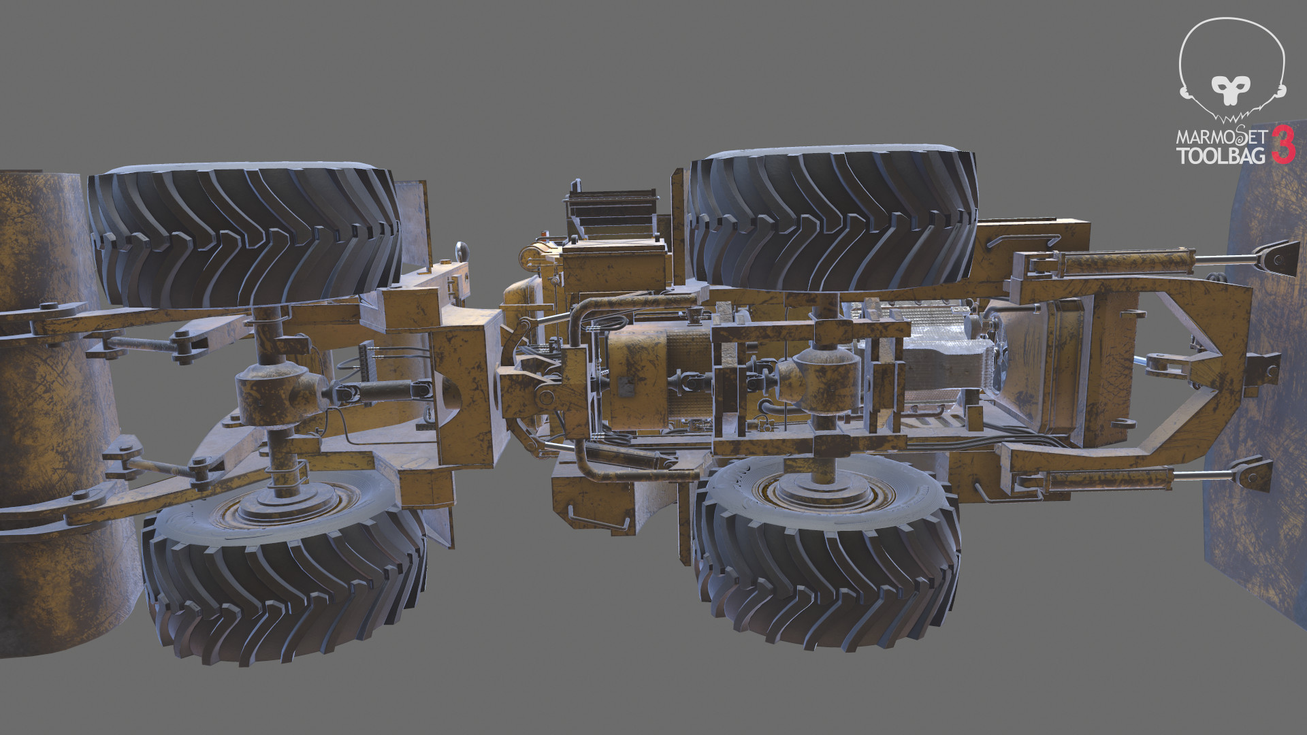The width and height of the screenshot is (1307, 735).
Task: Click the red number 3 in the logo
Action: [x=1283, y=144]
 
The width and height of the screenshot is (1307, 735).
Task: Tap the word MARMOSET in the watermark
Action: [x=1221, y=137]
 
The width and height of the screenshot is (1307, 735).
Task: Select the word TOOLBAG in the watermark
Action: [x=1221, y=156]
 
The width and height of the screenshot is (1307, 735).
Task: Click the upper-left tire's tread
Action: [x=245, y=231]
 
